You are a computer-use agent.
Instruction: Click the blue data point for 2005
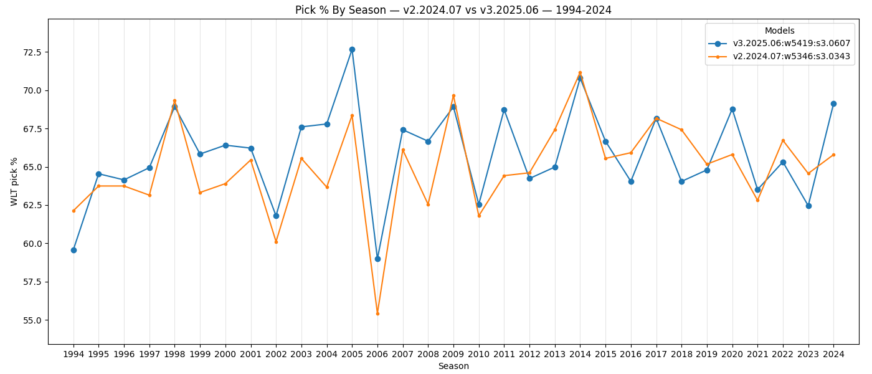(352, 49)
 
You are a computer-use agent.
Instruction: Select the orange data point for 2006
(377, 314)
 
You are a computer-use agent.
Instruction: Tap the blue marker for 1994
(73, 250)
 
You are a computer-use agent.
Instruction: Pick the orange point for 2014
(580, 73)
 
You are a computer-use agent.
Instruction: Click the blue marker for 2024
(833, 103)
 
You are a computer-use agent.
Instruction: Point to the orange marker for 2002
(276, 242)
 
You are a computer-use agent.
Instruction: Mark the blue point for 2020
(732, 109)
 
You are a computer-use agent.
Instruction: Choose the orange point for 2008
(428, 204)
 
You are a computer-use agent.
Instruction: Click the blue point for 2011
(504, 110)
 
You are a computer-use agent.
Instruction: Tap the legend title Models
(779, 31)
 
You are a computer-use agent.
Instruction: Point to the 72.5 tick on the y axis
(31, 52)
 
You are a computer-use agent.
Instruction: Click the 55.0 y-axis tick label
(31, 320)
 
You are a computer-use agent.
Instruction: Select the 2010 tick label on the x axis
(479, 354)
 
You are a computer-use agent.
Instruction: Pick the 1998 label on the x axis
(174, 354)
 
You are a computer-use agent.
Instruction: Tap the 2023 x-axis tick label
(808, 354)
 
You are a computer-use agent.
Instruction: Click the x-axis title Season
(453, 367)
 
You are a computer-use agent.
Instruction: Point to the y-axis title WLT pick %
(14, 181)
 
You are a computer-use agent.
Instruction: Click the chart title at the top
(453, 10)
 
